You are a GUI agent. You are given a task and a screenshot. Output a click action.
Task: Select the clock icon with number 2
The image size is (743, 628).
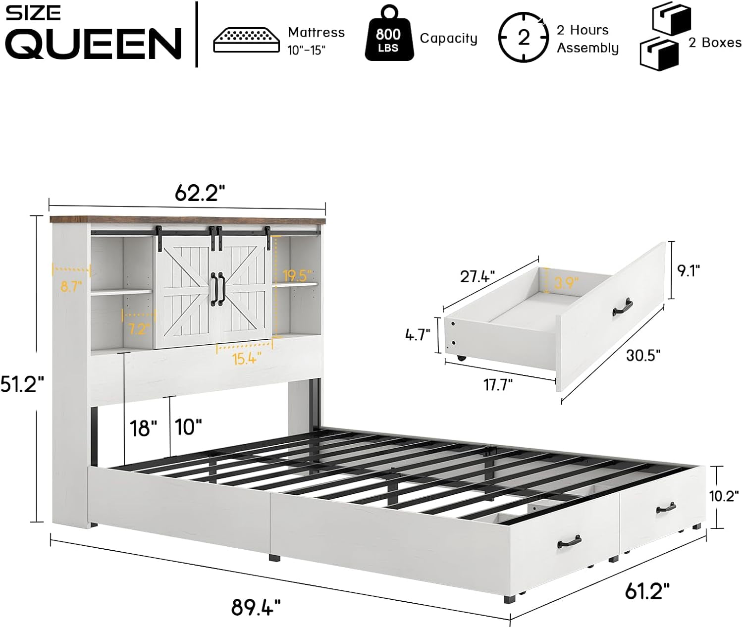pos(523,39)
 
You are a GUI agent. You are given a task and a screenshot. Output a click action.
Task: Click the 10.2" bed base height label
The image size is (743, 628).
pos(724,497)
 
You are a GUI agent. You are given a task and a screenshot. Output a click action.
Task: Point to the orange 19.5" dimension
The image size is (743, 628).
pos(297,275)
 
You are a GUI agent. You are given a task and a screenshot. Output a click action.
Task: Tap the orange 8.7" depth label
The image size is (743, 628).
pos(71,286)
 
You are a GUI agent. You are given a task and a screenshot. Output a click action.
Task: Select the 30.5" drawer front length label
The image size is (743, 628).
pos(643,356)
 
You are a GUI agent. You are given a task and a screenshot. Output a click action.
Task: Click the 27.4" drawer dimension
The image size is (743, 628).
pos(478,276)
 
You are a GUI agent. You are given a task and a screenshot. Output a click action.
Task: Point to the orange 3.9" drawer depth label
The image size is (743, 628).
pos(566,283)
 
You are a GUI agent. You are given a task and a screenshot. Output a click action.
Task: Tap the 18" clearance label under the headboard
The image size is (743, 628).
pos(143,427)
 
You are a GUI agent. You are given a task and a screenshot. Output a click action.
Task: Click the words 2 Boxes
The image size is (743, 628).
pos(714,43)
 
